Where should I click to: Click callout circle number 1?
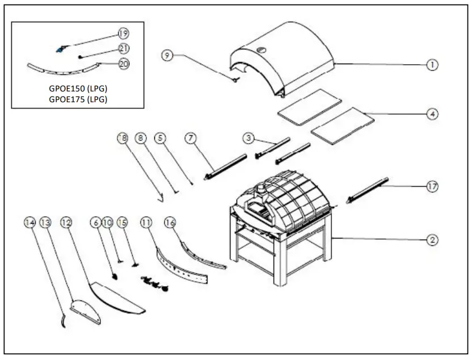432,65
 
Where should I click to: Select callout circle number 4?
432,114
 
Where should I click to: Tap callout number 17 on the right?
432,186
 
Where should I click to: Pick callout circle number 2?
432,240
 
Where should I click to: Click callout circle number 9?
166,55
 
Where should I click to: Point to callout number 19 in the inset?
123,34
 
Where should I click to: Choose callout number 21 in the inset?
123,49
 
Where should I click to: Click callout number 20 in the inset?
123,64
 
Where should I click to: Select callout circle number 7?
191,137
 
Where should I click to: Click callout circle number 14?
30,222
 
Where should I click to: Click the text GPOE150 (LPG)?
78,89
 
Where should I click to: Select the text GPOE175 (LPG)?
78,99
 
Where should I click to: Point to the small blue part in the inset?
60,49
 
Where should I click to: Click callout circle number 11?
147,222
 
